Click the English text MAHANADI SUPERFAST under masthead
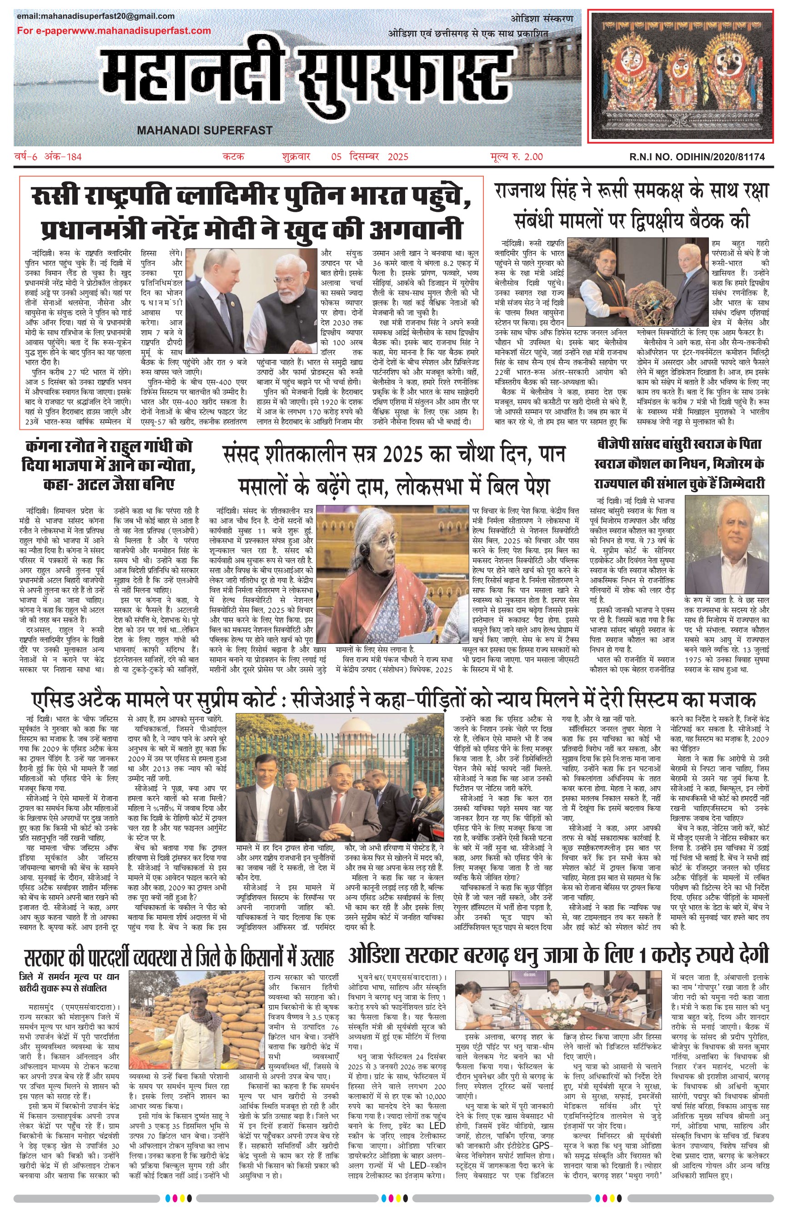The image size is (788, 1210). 205,130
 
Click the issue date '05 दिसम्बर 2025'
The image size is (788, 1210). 369,157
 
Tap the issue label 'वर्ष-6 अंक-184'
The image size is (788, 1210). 48,157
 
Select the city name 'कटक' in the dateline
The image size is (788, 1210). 234,157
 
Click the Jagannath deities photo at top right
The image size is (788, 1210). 681,76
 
